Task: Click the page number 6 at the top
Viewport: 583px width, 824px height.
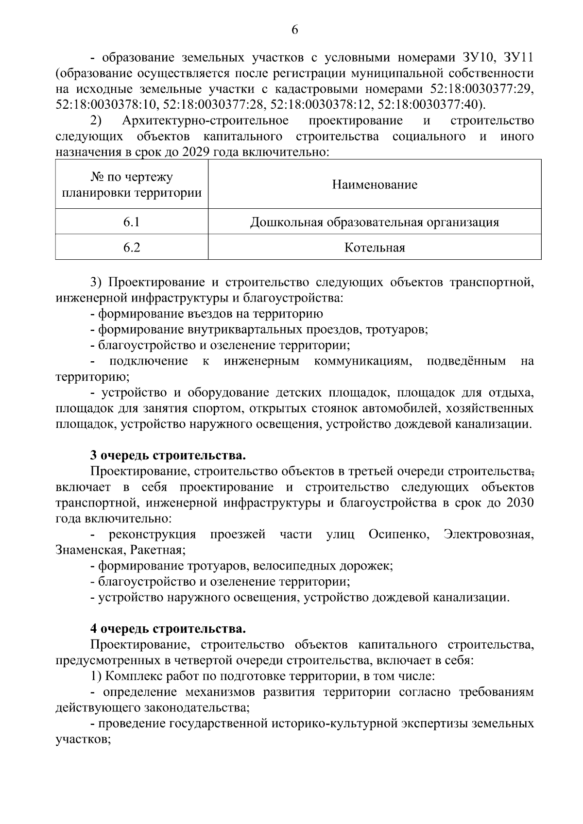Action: tap(294, 30)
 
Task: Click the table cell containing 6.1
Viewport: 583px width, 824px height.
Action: tap(131, 222)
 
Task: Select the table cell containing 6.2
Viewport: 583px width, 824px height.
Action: tap(131, 248)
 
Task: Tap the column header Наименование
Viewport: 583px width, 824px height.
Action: tap(375, 185)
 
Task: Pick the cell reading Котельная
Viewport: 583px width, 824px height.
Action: tap(375, 248)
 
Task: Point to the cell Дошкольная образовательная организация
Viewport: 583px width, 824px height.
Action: tap(375, 222)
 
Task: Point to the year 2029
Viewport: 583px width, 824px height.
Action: tap(197, 152)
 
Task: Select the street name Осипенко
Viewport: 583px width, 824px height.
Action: tap(398, 535)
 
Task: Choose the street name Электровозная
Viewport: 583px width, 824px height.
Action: tap(488, 535)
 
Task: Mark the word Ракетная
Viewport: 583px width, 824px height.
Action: tap(158, 550)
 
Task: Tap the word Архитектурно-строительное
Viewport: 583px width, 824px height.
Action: tap(206, 120)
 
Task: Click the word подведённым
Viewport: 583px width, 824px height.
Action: tap(466, 361)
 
